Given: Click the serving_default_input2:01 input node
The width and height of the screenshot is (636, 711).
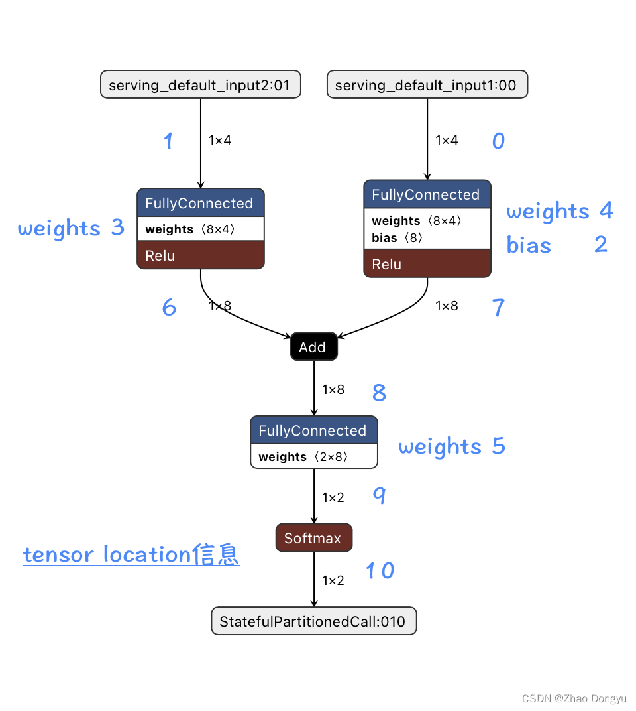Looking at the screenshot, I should [201, 85].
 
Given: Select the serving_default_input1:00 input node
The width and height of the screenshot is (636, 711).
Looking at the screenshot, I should [427, 85].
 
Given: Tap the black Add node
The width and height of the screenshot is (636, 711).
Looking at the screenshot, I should [313, 347].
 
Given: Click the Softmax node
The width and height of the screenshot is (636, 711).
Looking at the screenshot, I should [313, 538].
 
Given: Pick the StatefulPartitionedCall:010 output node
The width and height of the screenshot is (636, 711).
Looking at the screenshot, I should [313, 621].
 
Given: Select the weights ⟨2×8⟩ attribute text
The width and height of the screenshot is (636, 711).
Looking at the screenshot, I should [303, 456].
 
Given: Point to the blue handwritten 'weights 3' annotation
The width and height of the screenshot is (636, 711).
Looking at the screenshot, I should [71, 228].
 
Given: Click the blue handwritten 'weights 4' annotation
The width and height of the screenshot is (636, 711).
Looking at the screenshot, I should [560, 212].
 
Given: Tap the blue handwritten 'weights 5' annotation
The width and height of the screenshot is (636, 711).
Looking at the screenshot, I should [452, 446].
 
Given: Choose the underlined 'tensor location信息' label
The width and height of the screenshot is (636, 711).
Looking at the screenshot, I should [131, 554].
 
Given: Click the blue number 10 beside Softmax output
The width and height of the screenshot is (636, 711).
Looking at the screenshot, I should [380, 570].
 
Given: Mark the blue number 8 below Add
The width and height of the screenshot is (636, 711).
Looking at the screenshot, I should [379, 393].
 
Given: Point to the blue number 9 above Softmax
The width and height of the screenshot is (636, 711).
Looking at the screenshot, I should [379, 495].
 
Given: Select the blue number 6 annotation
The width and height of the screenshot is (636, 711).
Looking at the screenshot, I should [170, 307].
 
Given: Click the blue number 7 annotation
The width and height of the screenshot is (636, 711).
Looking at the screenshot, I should [498, 307].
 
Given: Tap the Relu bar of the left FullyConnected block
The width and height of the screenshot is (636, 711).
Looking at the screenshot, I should [200, 255].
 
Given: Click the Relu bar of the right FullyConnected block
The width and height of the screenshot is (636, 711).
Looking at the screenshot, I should [427, 264].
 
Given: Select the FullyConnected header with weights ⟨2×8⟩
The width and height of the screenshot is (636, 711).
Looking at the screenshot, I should [313, 430].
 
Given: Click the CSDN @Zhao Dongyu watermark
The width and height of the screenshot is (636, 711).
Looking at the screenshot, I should [574, 698].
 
